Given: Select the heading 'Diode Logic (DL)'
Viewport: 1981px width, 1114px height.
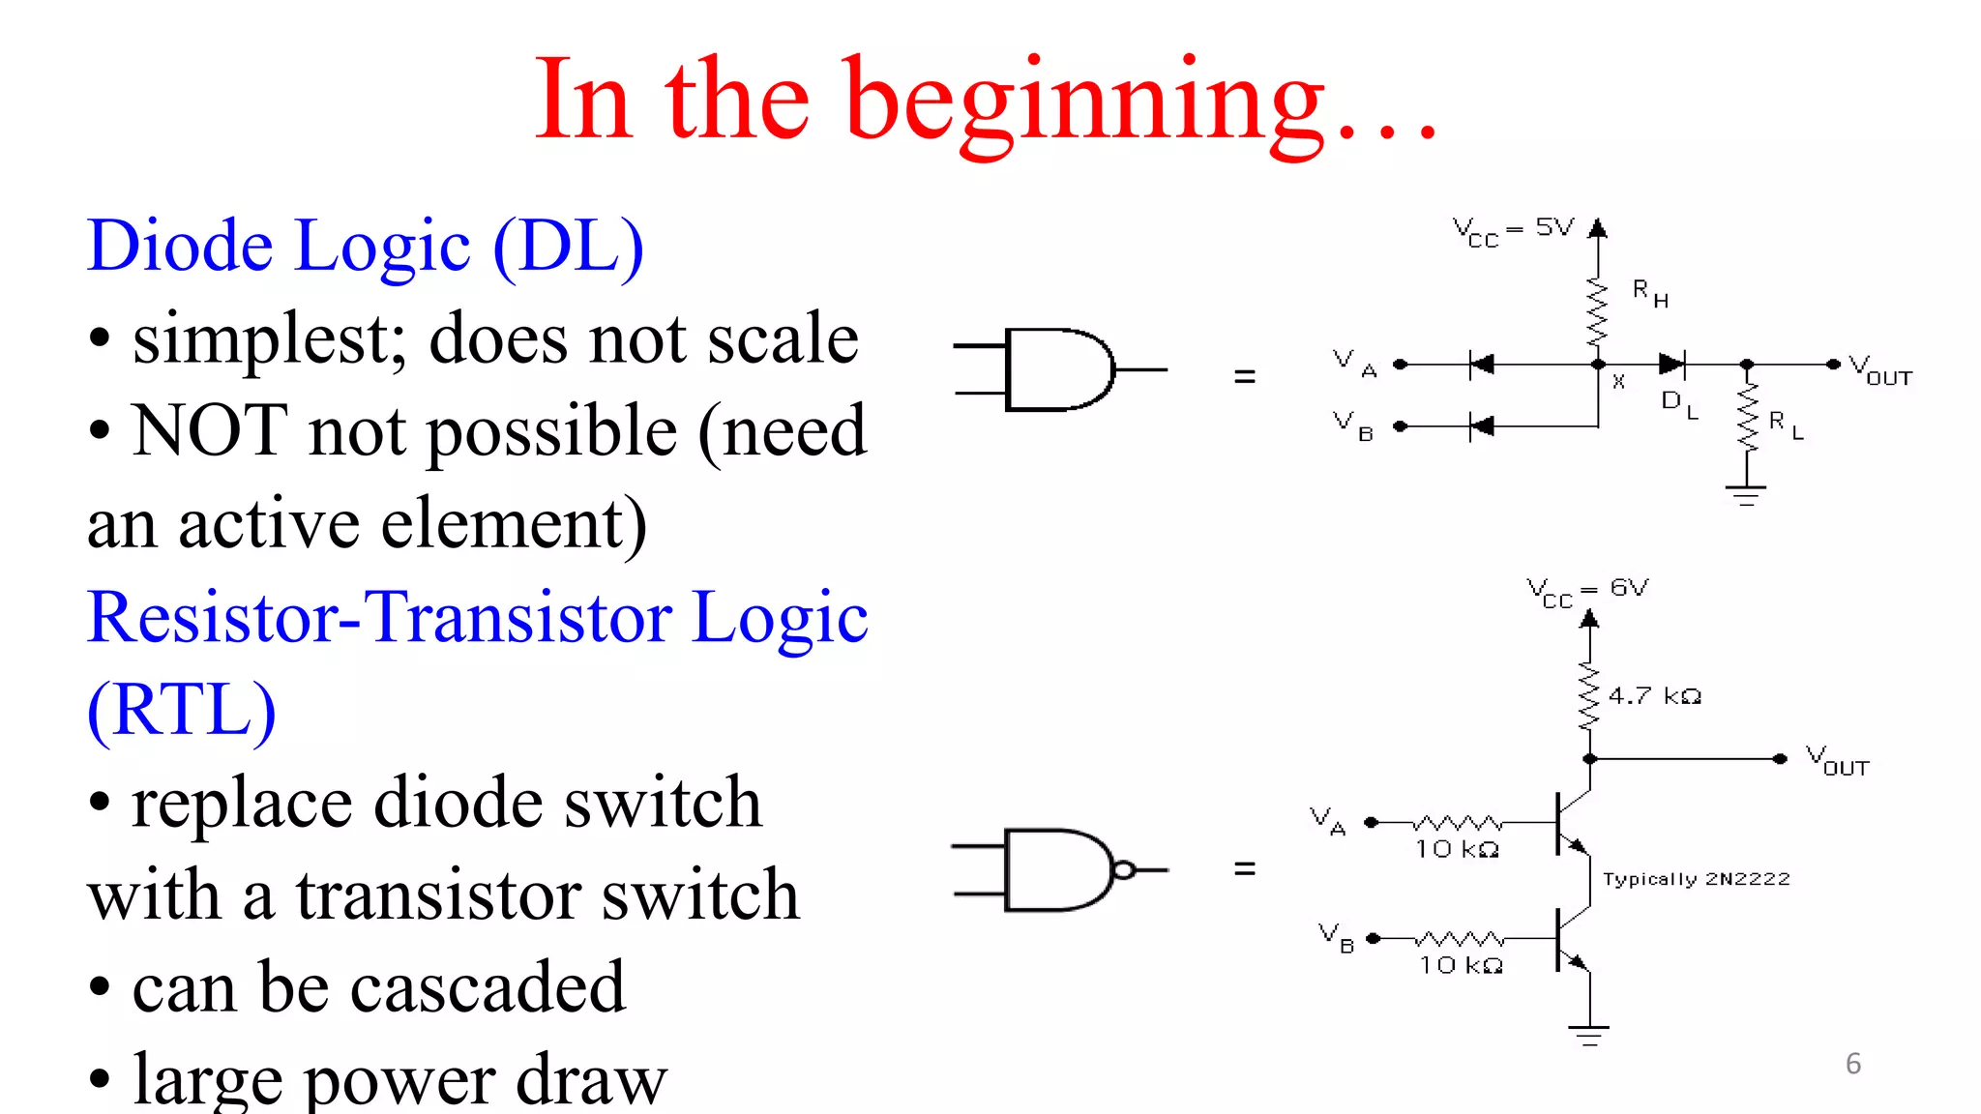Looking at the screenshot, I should pos(365,247).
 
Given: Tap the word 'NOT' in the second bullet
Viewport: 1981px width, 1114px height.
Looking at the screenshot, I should pos(210,430).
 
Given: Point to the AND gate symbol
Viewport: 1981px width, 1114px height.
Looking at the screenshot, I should pos(1059,369).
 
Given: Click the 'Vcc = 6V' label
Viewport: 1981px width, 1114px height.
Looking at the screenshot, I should pos(1586,591).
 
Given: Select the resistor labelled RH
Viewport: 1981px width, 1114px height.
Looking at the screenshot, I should pos(1597,312).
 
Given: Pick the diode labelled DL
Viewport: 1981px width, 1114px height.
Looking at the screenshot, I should pos(1671,365).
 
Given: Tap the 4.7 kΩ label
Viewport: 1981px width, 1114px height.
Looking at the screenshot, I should pos(1654,696).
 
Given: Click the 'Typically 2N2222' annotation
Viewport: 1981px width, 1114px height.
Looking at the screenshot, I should pos(1696,879).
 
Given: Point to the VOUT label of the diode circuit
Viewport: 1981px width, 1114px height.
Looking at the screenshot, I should pos(1879,370).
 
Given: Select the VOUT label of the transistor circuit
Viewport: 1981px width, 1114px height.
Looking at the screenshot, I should pos(1837,760).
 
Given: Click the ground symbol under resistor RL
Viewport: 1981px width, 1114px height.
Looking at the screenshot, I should pos(1746,494).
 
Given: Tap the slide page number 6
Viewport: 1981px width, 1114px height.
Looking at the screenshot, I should pos(1852,1064).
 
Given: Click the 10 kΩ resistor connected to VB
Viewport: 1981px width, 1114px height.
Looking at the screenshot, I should pos(1459,939).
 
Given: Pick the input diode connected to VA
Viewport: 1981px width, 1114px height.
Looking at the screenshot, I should pos(1481,365).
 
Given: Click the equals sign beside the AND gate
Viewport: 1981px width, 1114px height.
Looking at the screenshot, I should pos(1245,376).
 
